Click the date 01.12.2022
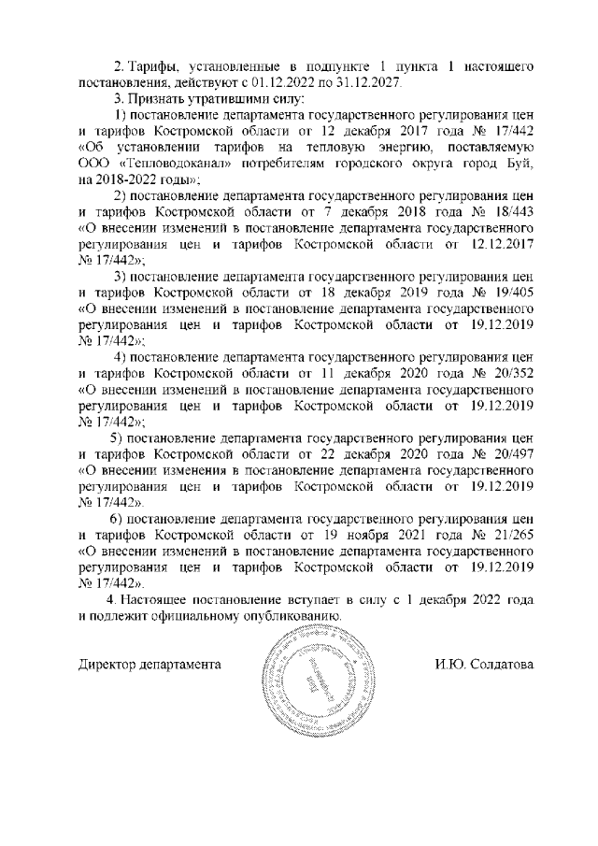(281, 83)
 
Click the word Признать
(155, 99)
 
